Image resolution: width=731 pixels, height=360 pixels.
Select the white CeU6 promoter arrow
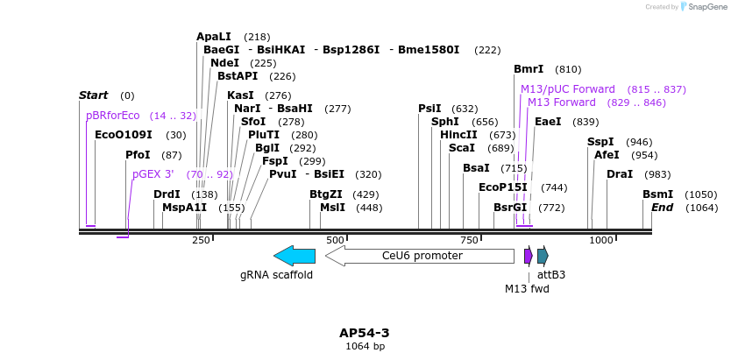coord(420,256)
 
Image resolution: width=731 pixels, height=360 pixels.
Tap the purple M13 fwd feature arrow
coord(529,256)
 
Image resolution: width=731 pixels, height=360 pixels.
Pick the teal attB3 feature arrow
coord(543,256)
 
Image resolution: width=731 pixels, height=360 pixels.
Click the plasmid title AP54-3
coord(364,333)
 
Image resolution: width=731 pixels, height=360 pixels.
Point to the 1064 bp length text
coord(365,347)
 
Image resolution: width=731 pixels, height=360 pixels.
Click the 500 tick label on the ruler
coord(335,240)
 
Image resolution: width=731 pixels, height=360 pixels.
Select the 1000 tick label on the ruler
coord(601,240)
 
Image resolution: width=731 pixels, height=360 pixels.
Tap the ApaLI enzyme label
coord(214,37)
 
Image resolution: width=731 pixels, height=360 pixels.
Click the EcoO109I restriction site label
coord(123,135)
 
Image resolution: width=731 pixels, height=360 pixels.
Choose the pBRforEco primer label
coord(113,116)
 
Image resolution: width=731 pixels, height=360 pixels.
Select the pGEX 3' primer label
coord(153,174)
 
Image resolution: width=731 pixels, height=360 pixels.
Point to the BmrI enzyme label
coord(529,69)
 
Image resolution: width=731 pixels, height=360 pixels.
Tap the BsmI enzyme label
coord(657,194)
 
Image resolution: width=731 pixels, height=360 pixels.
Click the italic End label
coord(662,208)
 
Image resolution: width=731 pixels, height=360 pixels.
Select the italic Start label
coord(93,95)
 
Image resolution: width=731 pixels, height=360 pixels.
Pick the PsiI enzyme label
coord(429,109)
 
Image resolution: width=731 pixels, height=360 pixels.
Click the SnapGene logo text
coord(704,7)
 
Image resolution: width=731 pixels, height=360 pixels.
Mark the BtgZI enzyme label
coord(326,194)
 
